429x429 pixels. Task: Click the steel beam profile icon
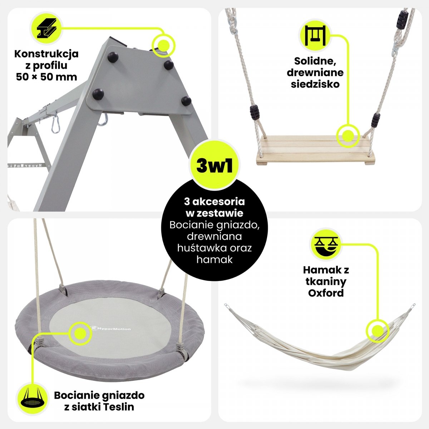tap(46, 28)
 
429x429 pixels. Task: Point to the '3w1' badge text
tap(214, 166)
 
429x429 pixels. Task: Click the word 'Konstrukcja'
tap(46, 54)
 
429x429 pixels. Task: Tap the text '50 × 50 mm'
tap(46, 77)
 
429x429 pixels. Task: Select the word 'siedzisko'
tap(315, 84)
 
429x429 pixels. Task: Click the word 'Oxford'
tap(326, 293)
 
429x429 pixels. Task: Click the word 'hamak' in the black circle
tap(214, 260)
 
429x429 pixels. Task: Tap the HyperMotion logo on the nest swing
tap(111, 328)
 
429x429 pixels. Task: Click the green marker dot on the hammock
tap(378, 330)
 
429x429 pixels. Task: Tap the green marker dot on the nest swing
tap(80, 334)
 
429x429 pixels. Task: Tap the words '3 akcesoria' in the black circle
tap(214, 202)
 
